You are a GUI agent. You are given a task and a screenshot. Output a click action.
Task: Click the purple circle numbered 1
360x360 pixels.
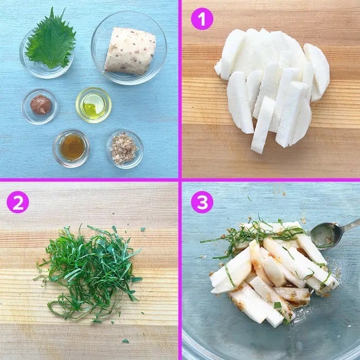tap(202, 19)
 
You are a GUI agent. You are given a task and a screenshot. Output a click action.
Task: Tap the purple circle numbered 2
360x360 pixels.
tap(18, 202)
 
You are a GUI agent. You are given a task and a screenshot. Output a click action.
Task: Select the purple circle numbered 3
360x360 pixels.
tap(202, 202)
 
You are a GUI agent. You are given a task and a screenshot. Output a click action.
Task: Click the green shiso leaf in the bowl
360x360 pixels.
tap(51, 40)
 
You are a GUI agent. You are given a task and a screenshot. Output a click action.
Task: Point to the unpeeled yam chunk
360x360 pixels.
tap(130, 51)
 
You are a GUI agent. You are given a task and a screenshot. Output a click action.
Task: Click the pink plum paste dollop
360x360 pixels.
tap(41, 105)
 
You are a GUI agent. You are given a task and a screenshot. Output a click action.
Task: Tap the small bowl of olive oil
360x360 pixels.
tap(94, 105)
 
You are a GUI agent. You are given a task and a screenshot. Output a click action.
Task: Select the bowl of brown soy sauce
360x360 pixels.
tap(71, 149)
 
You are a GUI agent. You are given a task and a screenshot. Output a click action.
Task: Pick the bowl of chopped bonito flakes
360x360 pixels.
tap(125, 150)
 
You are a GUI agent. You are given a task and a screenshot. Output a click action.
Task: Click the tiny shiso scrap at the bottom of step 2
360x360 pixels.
tap(125, 341)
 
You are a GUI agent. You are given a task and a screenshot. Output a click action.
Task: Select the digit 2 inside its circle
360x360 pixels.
tap(18, 202)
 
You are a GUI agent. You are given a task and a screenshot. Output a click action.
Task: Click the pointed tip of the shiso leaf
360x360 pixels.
tap(53, 8)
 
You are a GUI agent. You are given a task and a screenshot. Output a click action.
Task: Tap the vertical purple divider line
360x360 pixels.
tap(180, 180)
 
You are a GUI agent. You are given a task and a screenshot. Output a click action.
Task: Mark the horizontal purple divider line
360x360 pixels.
tap(180, 180)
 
